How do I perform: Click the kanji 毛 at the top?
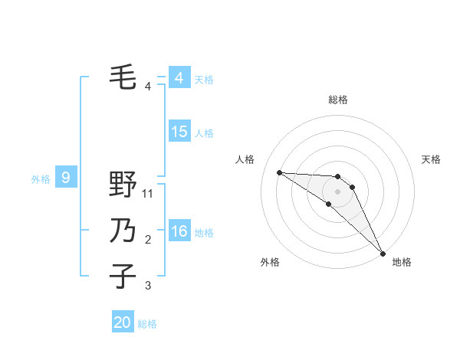click(123, 77)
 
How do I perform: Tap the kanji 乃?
click(123, 231)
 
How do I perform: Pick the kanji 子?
click(123, 276)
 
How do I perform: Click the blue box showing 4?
click(179, 78)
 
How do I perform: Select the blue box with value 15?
click(179, 132)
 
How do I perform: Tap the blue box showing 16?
click(179, 231)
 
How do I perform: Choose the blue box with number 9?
click(66, 178)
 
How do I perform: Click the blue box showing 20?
click(123, 322)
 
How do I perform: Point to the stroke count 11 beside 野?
click(148, 195)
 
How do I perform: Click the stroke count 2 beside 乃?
click(148, 240)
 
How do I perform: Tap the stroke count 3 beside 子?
click(148, 286)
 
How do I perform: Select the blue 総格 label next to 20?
click(147, 324)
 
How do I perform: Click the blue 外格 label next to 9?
click(41, 179)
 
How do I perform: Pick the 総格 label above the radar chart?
click(338, 100)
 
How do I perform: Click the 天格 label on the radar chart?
click(431, 159)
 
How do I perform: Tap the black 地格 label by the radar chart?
click(402, 262)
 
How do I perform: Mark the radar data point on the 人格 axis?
click(279, 172)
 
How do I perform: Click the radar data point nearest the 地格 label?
click(383, 252)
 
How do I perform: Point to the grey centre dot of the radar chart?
click(338, 191)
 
